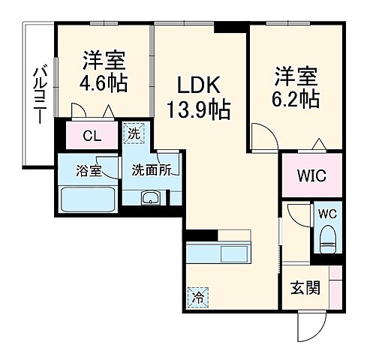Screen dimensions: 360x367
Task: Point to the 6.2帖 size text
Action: point(296,97)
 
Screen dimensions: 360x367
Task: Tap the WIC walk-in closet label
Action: point(311,178)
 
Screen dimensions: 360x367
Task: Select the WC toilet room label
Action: point(328,213)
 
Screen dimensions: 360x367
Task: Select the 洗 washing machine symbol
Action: point(132,134)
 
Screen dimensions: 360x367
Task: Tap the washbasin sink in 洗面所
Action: point(151,197)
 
